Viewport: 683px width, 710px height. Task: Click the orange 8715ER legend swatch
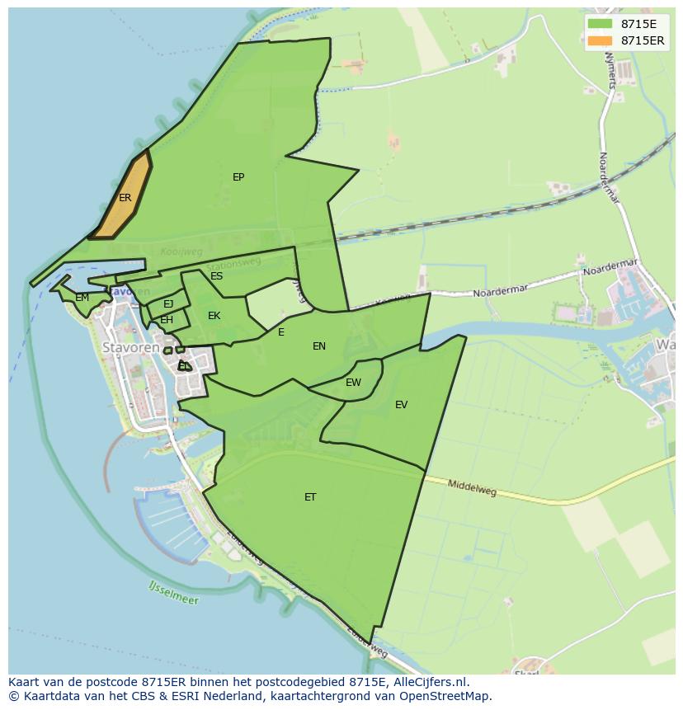click(x=601, y=40)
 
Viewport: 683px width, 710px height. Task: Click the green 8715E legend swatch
click(x=601, y=24)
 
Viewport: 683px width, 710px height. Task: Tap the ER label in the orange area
click(x=125, y=198)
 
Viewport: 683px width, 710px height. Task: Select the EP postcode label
click(x=238, y=177)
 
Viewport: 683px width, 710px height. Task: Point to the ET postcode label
click(x=310, y=497)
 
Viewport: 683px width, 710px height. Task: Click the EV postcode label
click(x=401, y=405)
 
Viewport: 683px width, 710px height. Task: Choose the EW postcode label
click(x=353, y=383)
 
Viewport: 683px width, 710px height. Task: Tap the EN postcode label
click(x=319, y=346)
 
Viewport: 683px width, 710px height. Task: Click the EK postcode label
click(x=214, y=316)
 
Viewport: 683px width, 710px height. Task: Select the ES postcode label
click(x=216, y=276)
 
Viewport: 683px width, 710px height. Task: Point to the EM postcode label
click(x=82, y=298)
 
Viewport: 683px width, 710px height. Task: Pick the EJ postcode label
click(x=168, y=304)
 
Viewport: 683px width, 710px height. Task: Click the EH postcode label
click(x=167, y=320)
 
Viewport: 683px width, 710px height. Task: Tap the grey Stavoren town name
click(x=130, y=348)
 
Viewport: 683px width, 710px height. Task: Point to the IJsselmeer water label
click(x=174, y=593)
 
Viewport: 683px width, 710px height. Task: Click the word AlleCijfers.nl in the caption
click(x=427, y=682)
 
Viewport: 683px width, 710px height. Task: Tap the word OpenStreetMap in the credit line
click(x=450, y=696)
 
